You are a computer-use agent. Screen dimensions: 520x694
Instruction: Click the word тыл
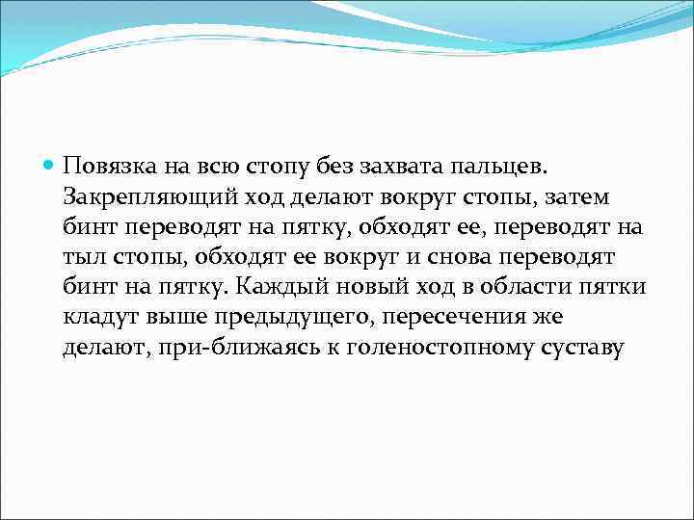click(81, 259)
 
